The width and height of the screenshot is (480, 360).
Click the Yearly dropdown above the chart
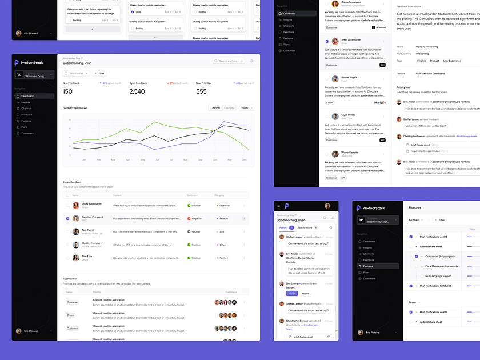247,107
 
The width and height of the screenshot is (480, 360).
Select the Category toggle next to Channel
229,107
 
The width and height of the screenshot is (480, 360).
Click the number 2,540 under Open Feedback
137,91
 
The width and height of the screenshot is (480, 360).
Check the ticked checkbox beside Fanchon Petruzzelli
67,218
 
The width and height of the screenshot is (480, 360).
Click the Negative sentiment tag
195,218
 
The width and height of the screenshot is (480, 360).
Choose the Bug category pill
221,231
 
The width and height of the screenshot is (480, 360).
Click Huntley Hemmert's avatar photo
76,245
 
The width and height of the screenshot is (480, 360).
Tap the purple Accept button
292,293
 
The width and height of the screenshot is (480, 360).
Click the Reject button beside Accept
305,293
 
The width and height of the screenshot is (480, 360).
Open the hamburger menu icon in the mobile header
279,206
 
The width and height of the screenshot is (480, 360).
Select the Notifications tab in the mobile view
305,227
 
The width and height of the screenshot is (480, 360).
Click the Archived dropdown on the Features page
415,219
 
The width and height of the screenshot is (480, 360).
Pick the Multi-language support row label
438,276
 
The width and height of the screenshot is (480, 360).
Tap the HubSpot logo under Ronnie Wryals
380,103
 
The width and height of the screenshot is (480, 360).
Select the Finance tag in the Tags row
422,60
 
